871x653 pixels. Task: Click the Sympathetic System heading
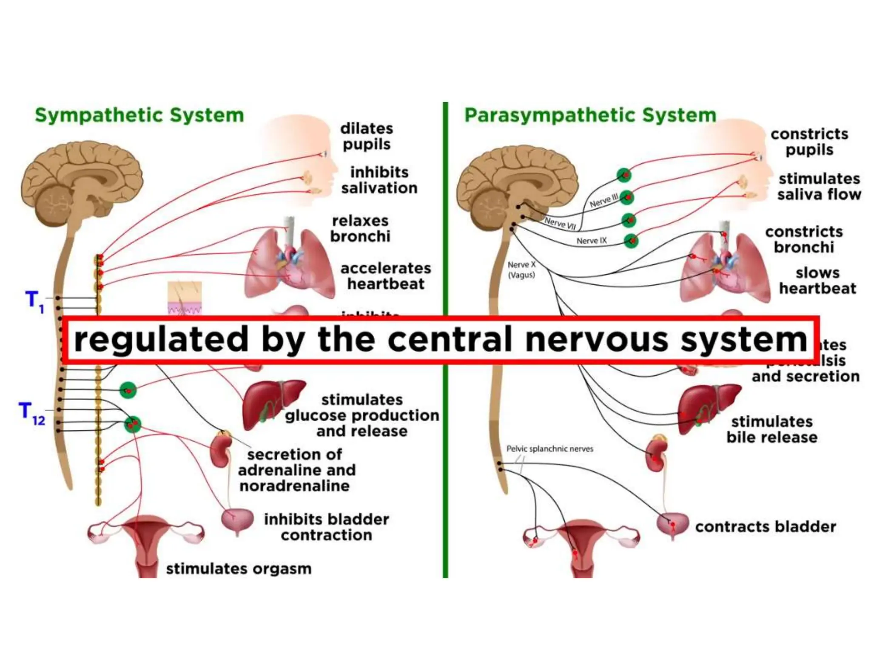pyautogui.click(x=139, y=115)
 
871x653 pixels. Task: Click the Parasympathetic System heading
pyautogui.click(x=590, y=115)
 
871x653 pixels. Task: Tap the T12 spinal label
pyautogui.click(x=32, y=413)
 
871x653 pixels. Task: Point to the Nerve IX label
pyautogui.click(x=591, y=241)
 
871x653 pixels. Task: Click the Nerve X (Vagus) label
pyautogui.click(x=521, y=270)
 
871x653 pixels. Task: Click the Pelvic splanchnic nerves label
pyautogui.click(x=549, y=449)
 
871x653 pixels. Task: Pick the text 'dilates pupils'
pyautogui.click(x=366, y=136)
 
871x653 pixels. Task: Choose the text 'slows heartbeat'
pyautogui.click(x=817, y=281)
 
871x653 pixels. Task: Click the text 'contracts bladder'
pyautogui.click(x=765, y=527)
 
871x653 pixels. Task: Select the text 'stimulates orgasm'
pyautogui.click(x=239, y=569)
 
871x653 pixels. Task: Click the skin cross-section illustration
pyautogui.click(x=185, y=298)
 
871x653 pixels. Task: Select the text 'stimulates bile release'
pyautogui.click(x=771, y=429)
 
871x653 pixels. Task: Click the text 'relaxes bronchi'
pyautogui.click(x=360, y=229)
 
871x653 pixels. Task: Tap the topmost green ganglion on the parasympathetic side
pyautogui.click(x=624, y=175)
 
